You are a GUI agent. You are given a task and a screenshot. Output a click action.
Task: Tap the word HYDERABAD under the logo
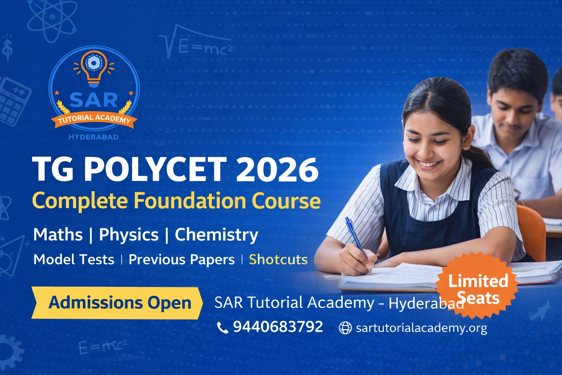coord(94,137)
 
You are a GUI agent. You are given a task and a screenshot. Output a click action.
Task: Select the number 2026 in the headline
coord(277,170)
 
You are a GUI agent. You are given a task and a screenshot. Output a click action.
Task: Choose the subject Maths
coord(58,235)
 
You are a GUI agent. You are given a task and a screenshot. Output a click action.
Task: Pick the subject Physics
coord(129,235)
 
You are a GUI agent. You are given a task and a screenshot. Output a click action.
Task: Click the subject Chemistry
coord(216,235)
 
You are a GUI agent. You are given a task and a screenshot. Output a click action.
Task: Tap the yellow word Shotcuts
coord(278,260)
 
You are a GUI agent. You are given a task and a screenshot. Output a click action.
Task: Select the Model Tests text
coord(74,260)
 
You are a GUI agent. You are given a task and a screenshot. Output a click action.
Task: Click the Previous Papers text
coord(181,260)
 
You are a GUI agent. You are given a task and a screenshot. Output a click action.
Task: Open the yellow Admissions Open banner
coord(117,303)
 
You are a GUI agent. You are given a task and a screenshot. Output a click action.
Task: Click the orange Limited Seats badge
coord(477,286)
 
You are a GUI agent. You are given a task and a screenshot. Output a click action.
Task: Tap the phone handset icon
coord(222,327)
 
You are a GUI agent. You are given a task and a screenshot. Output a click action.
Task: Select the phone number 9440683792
coord(278,327)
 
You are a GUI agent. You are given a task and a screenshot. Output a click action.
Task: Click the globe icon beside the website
coord(345,328)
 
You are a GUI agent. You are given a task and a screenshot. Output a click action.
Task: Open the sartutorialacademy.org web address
coord(421,328)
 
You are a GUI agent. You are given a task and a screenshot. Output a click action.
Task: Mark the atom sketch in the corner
coord(52,18)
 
